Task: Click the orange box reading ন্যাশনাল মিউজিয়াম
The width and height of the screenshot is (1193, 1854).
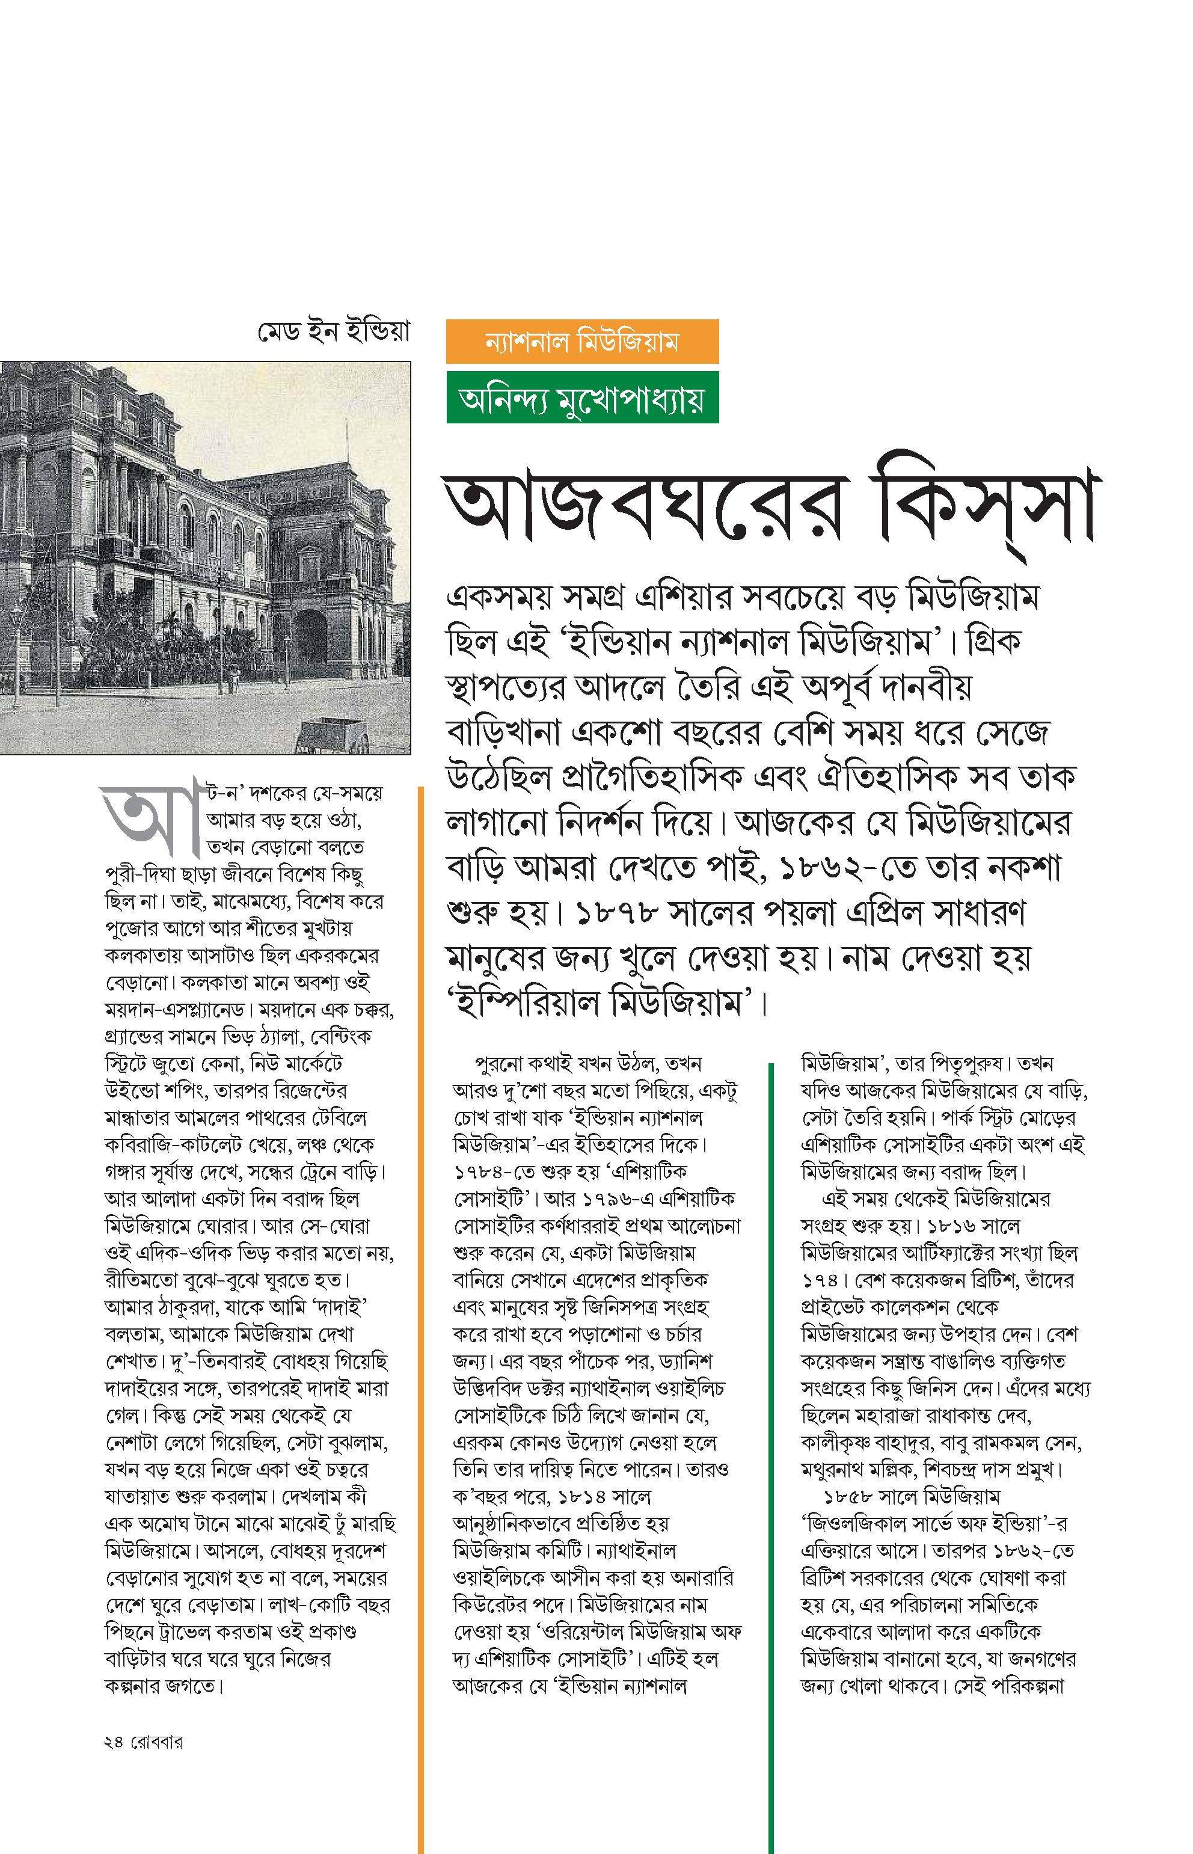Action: [582, 341]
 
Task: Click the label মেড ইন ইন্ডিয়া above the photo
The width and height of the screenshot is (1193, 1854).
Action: [333, 333]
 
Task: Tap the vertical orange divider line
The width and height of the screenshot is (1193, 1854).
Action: [421, 1317]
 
